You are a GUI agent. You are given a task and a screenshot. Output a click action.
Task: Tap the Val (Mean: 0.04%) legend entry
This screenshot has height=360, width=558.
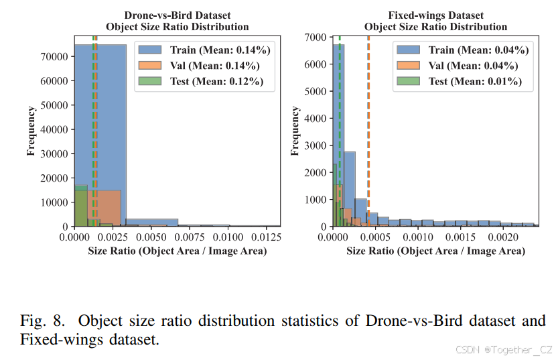tap(464, 66)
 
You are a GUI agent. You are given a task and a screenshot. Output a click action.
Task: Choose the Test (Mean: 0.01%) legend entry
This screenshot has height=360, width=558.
tap(464, 82)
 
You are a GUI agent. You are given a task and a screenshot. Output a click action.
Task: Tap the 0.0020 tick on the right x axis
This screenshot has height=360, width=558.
tap(504, 237)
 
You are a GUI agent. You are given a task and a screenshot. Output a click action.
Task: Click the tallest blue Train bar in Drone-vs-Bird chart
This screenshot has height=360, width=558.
tap(100, 134)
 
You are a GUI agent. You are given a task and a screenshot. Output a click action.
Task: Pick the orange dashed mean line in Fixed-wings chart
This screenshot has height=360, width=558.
tap(368, 134)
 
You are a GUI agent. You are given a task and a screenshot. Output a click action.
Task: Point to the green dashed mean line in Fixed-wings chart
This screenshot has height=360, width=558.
tap(340, 134)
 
